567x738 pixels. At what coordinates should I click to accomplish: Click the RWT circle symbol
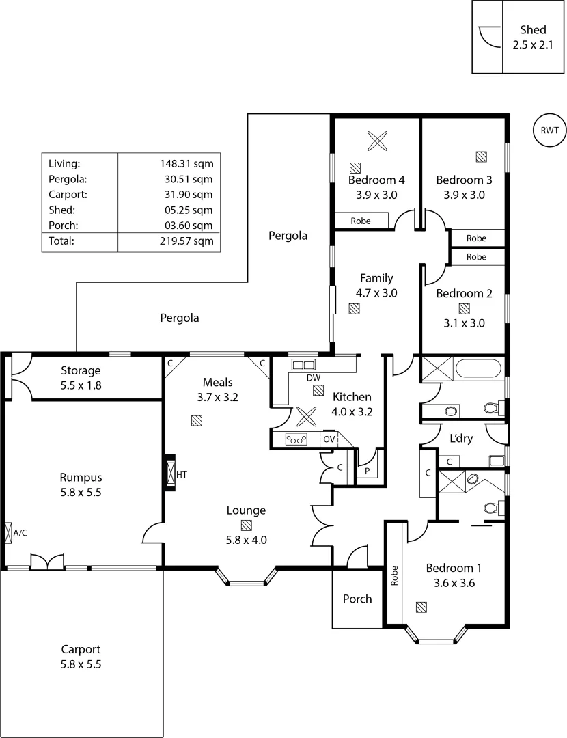coord(549,130)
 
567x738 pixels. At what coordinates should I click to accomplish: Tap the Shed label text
coord(533,30)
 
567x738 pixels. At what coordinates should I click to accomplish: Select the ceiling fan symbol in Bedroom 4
coord(376,141)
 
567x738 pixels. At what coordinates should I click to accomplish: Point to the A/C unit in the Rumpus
coord(8,532)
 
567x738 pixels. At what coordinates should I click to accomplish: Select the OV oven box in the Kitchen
coord(329,439)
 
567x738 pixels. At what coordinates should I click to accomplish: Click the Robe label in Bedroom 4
coord(360,221)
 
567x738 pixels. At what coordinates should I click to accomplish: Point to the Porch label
coord(357,599)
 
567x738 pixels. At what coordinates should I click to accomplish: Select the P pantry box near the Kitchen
coord(367,470)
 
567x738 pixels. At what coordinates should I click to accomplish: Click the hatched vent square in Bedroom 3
coord(482,156)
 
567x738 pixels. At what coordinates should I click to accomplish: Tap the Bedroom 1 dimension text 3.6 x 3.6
coord(454,583)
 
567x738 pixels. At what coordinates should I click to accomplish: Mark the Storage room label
coord(81,370)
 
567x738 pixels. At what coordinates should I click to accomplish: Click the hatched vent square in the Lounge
coord(246,525)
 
